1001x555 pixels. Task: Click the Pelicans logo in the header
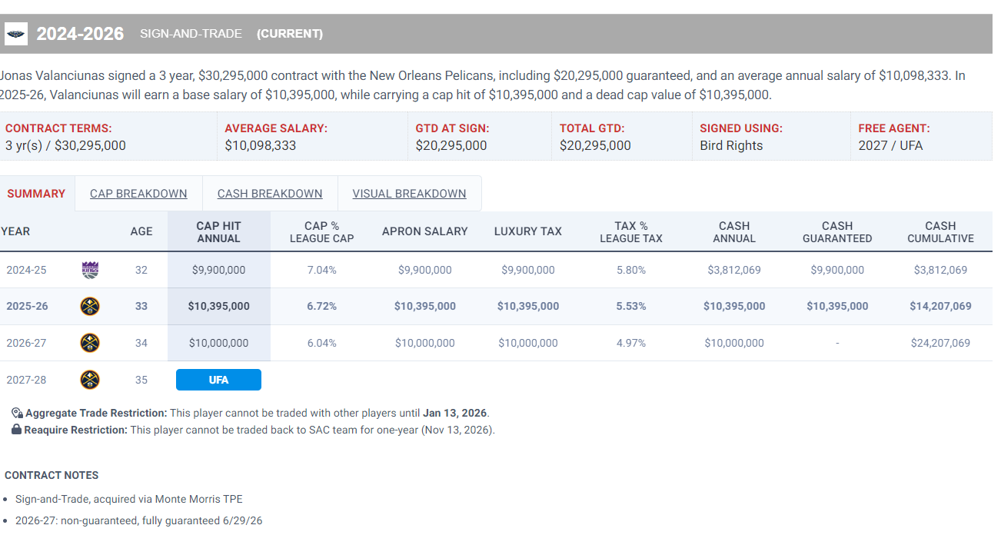click(16, 34)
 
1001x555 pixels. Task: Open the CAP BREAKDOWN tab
click(138, 194)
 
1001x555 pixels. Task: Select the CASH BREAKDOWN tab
click(270, 194)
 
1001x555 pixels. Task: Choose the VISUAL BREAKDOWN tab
click(409, 194)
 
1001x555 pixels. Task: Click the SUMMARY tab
click(36, 194)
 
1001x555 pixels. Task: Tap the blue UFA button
click(218, 380)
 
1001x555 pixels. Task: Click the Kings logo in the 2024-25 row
click(90, 270)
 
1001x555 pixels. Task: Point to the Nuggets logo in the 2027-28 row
click(90, 380)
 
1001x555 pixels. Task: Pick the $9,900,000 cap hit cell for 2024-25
click(218, 270)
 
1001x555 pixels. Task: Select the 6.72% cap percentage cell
click(321, 306)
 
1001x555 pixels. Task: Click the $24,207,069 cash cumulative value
click(940, 343)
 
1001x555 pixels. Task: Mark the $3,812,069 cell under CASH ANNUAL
click(734, 270)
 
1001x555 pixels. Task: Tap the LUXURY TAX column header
click(528, 231)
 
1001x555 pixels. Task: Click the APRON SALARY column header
click(425, 231)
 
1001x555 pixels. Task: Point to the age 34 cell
click(141, 343)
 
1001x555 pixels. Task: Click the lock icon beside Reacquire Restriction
click(16, 430)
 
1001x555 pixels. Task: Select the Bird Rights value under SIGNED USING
click(731, 145)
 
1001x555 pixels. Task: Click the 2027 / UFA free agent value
click(890, 145)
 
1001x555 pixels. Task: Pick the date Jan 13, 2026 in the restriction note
click(454, 413)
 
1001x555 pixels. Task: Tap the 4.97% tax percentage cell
click(631, 343)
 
